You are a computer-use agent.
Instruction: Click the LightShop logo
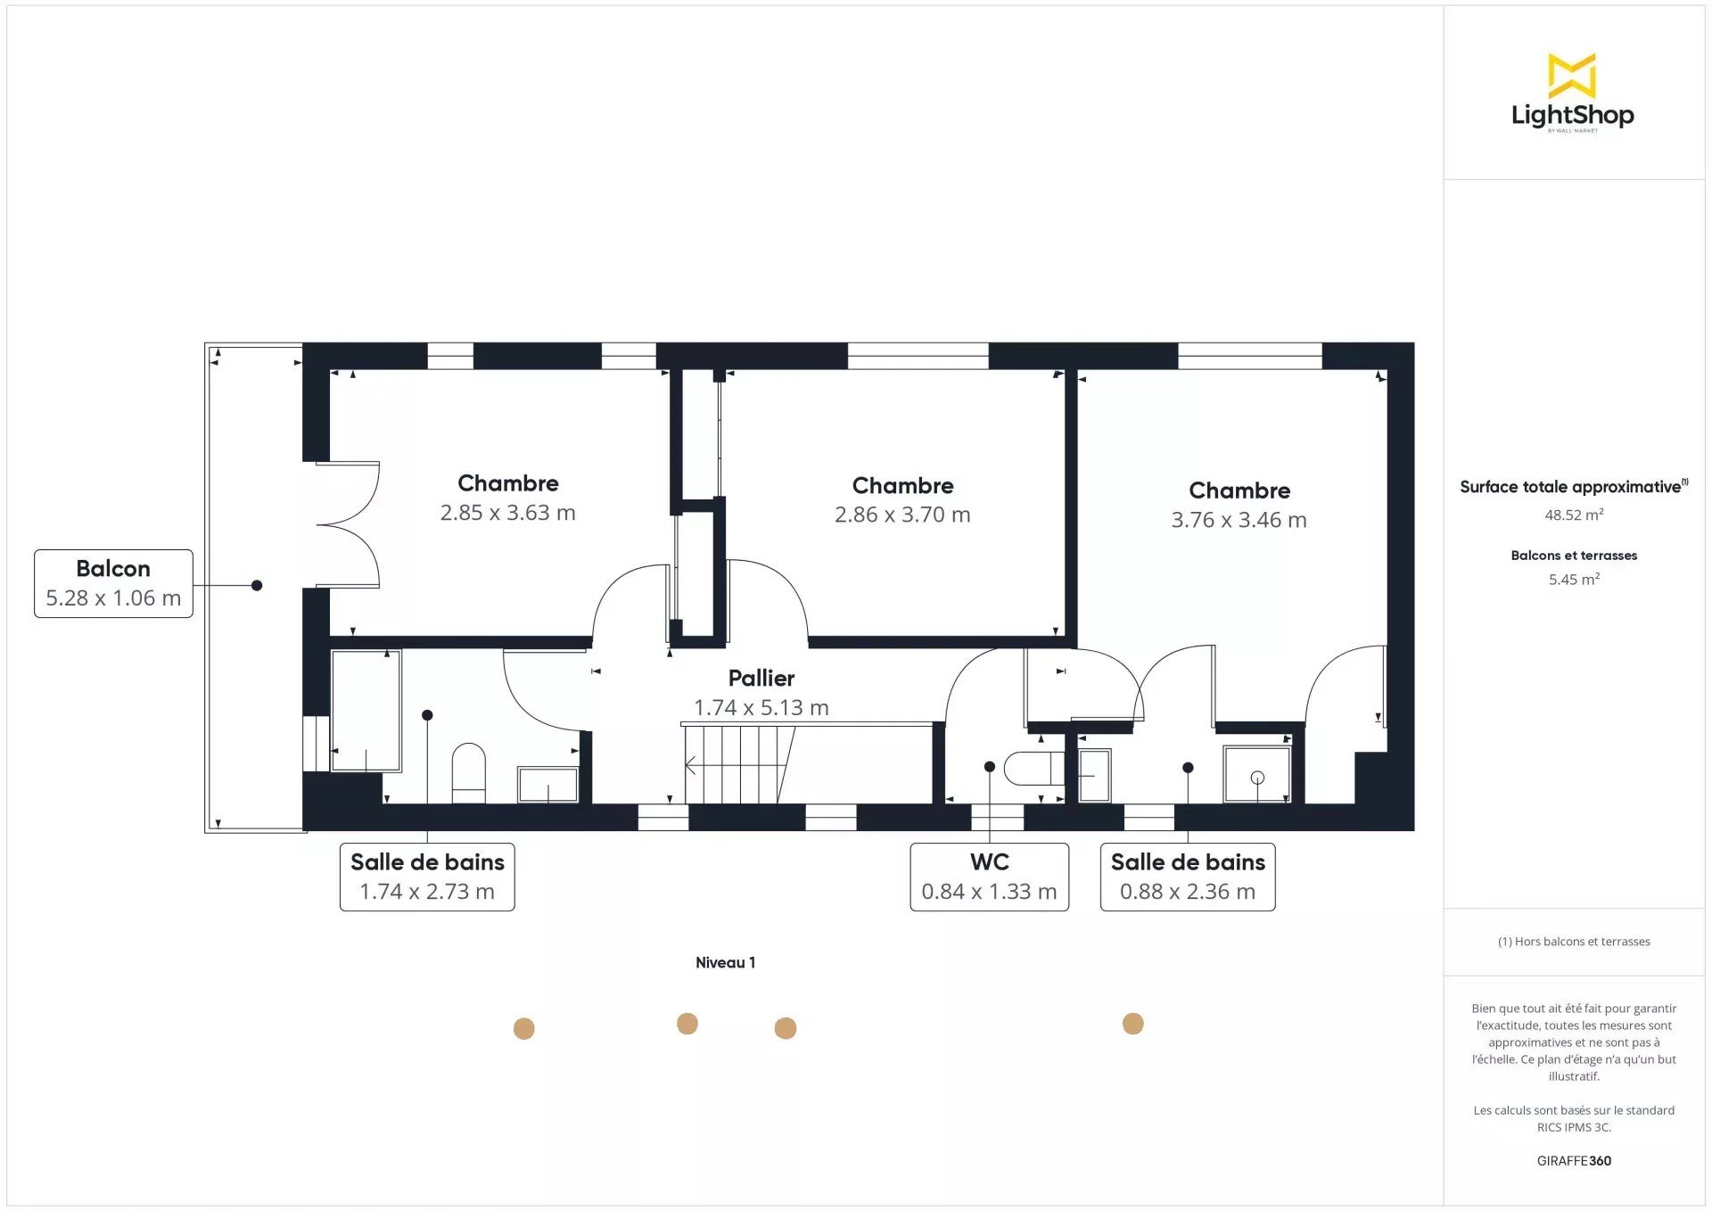click(x=1572, y=93)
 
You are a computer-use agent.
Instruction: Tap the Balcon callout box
click(x=113, y=583)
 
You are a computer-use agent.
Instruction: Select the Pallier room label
click(x=761, y=678)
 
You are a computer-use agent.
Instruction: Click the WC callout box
click(x=989, y=877)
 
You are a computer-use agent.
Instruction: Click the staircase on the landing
click(x=739, y=764)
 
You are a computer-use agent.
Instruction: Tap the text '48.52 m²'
click(x=1574, y=515)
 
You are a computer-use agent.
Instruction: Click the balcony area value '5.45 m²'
click(x=1574, y=579)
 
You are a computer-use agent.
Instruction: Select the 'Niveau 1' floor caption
click(x=725, y=962)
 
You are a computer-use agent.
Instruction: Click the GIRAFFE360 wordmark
click(x=1574, y=1160)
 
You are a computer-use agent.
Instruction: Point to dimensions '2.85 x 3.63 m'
click(x=507, y=513)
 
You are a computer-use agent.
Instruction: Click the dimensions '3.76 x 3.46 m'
click(x=1239, y=520)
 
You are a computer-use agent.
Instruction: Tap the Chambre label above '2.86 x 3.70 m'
click(x=902, y=485)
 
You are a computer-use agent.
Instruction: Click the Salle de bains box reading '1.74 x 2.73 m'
click(x=427, y=877)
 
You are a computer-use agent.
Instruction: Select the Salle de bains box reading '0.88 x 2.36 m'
click(x=1188, y=877)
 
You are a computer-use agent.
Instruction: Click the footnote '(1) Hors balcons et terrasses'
click(x=1574, y=941)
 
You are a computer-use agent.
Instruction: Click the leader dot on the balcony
click(x=257, y=585)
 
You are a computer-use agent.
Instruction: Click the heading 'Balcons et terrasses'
click(x=1574, y=555)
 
